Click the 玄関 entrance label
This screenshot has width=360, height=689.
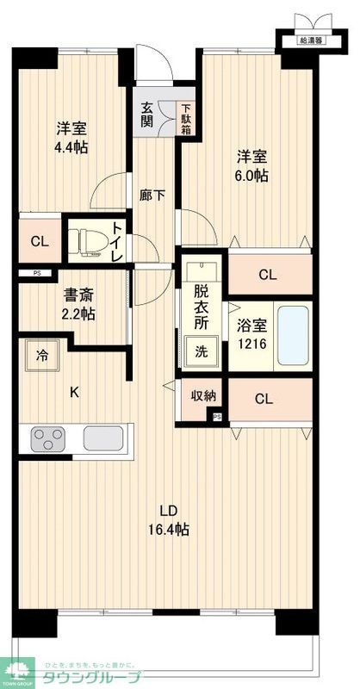click(148, 115)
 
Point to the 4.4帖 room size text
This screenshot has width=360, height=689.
click(71, 147)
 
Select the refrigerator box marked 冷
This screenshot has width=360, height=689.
click(41, 354)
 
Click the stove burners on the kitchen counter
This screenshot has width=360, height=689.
click(48, 439)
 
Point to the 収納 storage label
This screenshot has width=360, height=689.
click(202, 396)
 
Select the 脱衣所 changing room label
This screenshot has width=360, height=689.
click(202, 307)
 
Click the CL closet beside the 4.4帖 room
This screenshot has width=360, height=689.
click(40, 241)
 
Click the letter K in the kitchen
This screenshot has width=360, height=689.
click(74, 393)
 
